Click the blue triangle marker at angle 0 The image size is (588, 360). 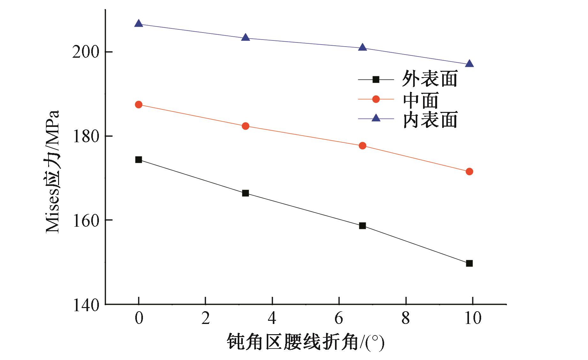tap(138, 24)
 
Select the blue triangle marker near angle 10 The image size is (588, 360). tap(469, 64)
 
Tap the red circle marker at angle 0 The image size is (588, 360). tap(138, 105)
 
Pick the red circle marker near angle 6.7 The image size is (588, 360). tap(362, 146)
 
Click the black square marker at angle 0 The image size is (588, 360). tap(138, 159)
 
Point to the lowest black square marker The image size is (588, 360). tap(469, 263)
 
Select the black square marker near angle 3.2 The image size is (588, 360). tap(245, 193)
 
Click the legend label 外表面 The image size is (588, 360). tap(429, 79)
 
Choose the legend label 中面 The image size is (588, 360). tap(421, 99)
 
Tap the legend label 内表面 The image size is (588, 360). tap(429, 120)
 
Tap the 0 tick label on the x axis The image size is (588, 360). tap(139, 318)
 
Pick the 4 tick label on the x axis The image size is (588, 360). tap(272, 318)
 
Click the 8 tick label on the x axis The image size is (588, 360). tap(406, 318)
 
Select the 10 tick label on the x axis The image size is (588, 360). tap(473, 318)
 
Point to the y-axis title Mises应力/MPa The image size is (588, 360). tap(53, 172)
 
